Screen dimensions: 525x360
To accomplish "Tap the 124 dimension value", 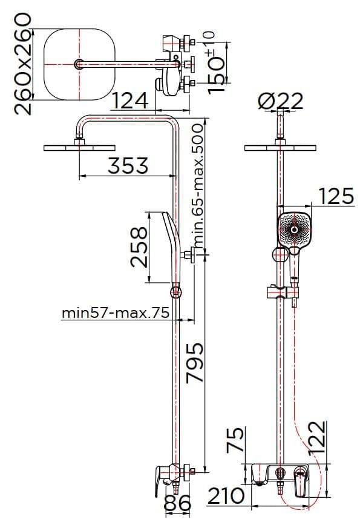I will pos(131,100).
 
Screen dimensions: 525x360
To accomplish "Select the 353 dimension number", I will pos(128,165).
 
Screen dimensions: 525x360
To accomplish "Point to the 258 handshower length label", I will pos(140,247).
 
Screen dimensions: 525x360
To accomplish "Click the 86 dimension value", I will pos(178,503).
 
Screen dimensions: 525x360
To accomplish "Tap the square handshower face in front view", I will pos(295,229).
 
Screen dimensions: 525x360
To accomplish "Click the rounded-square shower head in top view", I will pos(79,64).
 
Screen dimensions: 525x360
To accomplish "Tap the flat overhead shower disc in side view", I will pos(79,147).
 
